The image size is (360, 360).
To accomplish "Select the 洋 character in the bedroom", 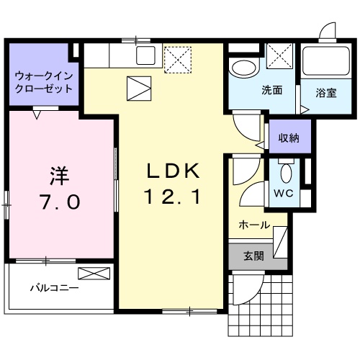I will [x=59, y=175].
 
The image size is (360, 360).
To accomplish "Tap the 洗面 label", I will [x=271, y=91].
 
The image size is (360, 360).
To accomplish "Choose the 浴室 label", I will [x=326, y=92].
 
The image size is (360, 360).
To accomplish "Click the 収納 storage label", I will [x=289, y=137].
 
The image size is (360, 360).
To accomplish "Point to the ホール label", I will [x=254, y=225].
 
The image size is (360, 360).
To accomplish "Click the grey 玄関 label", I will [x=253, y=255].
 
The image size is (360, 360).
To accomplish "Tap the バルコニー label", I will [x=54, y=288].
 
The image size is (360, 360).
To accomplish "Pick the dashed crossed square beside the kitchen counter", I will [x=176, y=58].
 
